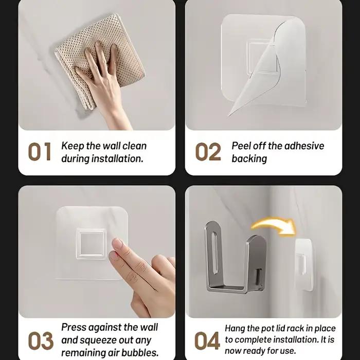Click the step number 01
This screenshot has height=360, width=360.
pos(40,151)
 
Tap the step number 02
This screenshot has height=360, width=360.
pos(208,151)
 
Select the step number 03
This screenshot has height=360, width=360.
pos(41,340)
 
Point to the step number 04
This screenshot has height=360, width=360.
pos(207,340)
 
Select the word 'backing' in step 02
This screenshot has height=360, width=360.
pos(249,159)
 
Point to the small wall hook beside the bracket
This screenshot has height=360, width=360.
pos(304,264)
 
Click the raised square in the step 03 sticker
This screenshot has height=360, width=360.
pos(92,243)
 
